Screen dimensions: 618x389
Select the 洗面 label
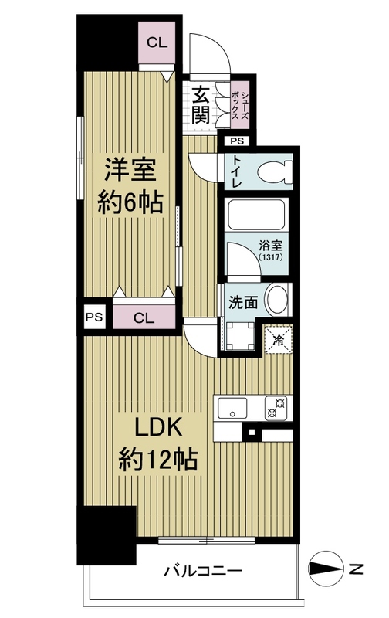(x=240, y=301)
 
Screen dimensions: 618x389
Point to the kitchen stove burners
(x=276, y=406)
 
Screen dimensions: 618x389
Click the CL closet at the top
(x=157, y=43)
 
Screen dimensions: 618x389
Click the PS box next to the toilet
(x=235, y=141)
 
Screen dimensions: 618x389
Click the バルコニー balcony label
(x=204, y=572)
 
